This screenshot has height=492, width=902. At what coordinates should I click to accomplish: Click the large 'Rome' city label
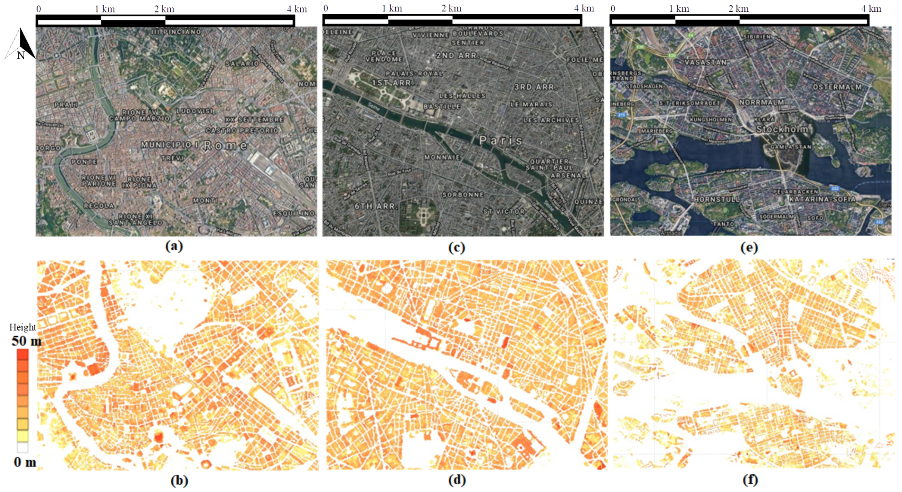[x=225, y=145]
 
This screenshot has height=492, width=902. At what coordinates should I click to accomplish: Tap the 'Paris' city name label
[x=500, y=141]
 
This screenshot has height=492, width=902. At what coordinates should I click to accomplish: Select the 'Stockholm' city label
[x=781, y=129]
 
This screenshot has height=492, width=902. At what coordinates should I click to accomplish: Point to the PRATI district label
[x=66, y=104]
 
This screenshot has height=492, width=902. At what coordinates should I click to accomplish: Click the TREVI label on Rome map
[x=172, y=158]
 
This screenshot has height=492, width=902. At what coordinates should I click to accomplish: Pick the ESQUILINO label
[x=293, y=213]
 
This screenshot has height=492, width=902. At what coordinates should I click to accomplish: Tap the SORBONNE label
[x=463, y=195]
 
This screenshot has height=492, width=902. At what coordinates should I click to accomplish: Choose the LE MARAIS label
[x=531, y=104]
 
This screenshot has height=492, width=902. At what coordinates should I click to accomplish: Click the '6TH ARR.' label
[x=376, y=206]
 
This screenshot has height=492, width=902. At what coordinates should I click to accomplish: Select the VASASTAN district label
[x=705, y=62]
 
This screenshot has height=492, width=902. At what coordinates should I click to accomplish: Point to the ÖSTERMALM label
[x=837, y=87]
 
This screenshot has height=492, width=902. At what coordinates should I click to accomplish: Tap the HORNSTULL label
[x=716, y=200]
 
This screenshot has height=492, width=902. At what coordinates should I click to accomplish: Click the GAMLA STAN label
[x=791, y=147]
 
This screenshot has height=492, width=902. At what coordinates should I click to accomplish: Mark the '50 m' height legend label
[x=26, y=341]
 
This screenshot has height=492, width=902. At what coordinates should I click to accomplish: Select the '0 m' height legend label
[x=25, y=462]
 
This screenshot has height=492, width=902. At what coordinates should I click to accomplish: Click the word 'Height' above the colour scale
[x=22, y=327]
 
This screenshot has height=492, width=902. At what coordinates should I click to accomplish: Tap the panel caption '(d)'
[x=457, y=480]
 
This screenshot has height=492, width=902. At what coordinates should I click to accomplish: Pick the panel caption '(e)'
[x=749, y=248]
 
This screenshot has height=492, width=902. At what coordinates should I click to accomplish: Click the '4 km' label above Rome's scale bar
[x=297, y=9]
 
